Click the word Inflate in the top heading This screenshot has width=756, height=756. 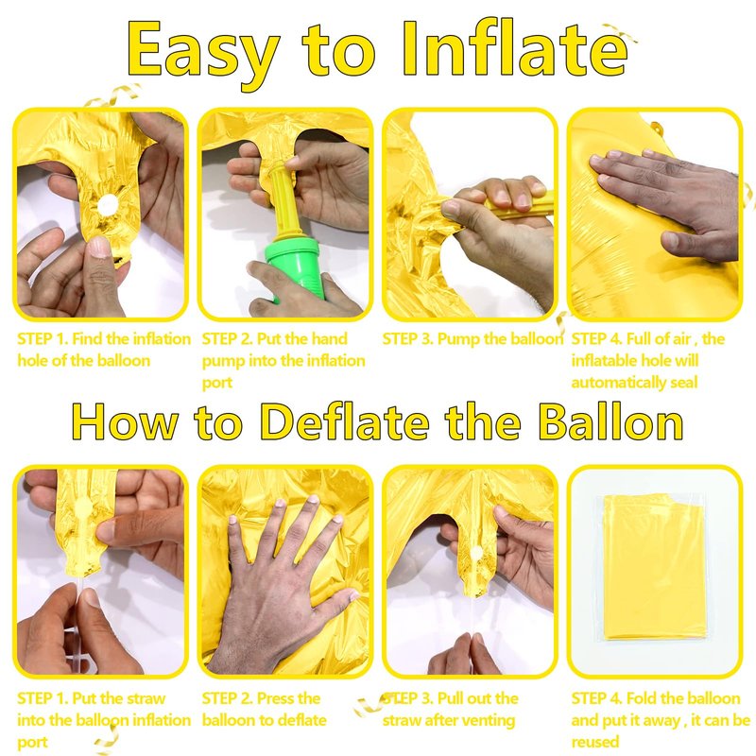[x=515, y=49]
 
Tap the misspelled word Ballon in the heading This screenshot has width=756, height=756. [x=610, y=421]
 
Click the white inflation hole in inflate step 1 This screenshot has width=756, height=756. [x=107, y=206]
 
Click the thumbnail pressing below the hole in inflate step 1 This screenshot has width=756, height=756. [x=100, y=247]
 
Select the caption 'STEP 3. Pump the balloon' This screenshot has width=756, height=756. [x=472, y=339]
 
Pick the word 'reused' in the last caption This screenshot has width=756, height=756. [x=595, y=742]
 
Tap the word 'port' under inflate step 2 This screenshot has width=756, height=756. [x=217, y=384]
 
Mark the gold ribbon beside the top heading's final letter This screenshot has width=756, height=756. [x=619, y=32]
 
